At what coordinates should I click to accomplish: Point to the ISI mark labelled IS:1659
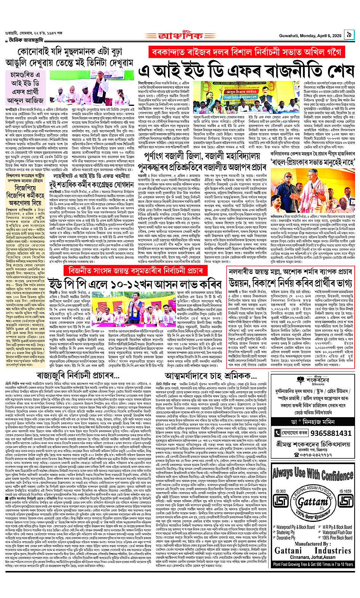(345, 500)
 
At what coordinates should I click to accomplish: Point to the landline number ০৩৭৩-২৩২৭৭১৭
(314, 454)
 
